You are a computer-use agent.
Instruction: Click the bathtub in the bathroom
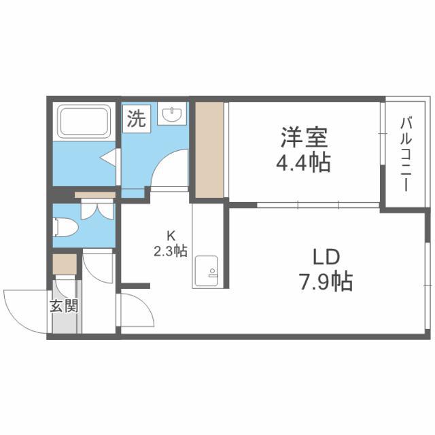pyautogui.click(x=84, y=122)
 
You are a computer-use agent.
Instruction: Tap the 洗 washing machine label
pyautogui.click(x=137, y=118)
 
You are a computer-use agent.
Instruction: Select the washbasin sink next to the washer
pyautogui.click(x=172, y=114)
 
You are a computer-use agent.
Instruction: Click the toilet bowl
pyautogui.click(x=65, y=226)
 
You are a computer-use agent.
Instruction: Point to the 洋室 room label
pyautogui.click(x=304, y=137)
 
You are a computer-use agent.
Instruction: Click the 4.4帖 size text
pyautogui.click(x=304, y=163)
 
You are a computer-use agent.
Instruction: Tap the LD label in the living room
pyautogui.click(x=326, y=257)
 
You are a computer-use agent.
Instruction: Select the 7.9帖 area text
pyautogui.click(x=326, y=281)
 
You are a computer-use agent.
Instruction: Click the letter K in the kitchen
pyautogui.click(x=171, y=236)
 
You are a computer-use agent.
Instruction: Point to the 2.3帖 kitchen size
pyautogui.click(x=171, y=251)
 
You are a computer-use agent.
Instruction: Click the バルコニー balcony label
pyautogui.click(x=406, y=154)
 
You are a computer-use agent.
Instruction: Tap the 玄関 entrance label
pyautogui.click(x=64, y=306)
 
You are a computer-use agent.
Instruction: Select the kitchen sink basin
pyautogui.click(x=207, y=271)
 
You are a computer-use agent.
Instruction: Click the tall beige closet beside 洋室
pyautogui.click(x=209, y=150)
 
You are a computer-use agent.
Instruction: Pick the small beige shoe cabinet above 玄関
pyautogui.click(x=65, y=264)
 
